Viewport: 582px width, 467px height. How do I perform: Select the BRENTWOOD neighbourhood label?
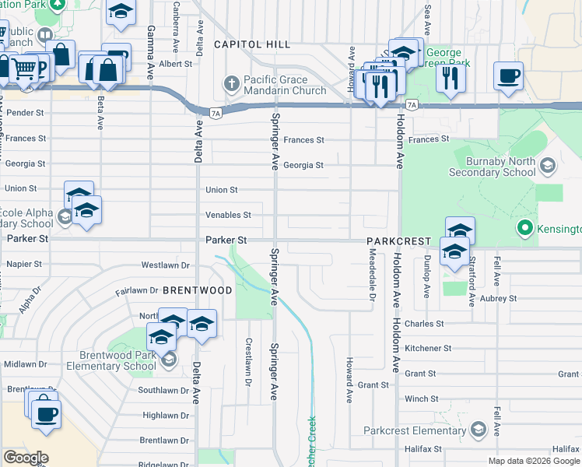[198, 290]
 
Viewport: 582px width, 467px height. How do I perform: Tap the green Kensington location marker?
[524, 229]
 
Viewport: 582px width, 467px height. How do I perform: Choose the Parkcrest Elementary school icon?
[476, 430]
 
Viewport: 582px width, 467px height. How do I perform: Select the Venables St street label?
[228, 215]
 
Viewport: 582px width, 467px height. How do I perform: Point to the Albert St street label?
[176, 64]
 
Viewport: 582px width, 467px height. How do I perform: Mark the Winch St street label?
[422, 399]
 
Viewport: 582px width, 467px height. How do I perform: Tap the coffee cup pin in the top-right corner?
[508, 76]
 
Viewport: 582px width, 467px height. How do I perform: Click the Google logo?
[26, 458]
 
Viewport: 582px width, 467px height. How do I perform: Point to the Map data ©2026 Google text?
[534, 461]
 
